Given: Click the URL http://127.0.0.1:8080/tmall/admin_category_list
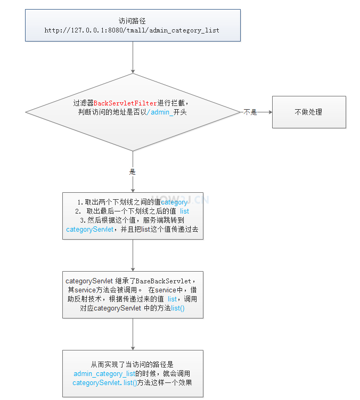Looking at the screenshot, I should click(x=132, y=30).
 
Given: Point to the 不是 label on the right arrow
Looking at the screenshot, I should click(x=250, y=112).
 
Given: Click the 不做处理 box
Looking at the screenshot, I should click(x=309, y=112).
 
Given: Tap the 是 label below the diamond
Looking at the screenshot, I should click(x=133, y=172).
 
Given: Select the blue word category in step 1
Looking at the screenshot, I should click(x=174, y=202).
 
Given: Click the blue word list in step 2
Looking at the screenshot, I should click(x=184, y=211).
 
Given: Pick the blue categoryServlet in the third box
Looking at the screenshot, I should click(x=89, y=230).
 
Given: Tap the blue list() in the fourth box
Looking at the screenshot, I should click(x=178, y=308).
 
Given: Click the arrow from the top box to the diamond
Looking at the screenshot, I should click(x=133, y=57).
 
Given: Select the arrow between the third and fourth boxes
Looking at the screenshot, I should click(x=133, y=256).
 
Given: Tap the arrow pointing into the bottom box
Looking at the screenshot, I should click(x=133, y=334).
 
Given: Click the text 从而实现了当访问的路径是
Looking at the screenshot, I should click(x=133, y=365).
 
